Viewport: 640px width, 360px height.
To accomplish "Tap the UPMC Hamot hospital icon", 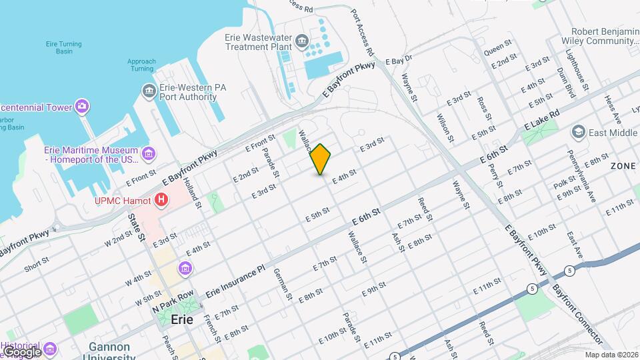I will point(161,199).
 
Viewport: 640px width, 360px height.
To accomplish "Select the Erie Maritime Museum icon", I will point(149,155).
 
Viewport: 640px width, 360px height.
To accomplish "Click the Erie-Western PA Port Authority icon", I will point(149,90).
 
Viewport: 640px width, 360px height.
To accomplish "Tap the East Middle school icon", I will point(578,133).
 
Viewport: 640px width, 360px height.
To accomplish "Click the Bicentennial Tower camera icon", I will point(82,106).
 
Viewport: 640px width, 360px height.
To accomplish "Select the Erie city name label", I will point(182,319).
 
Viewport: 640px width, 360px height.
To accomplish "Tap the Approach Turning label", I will point(141,65).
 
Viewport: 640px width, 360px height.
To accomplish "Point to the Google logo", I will point(21,351).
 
